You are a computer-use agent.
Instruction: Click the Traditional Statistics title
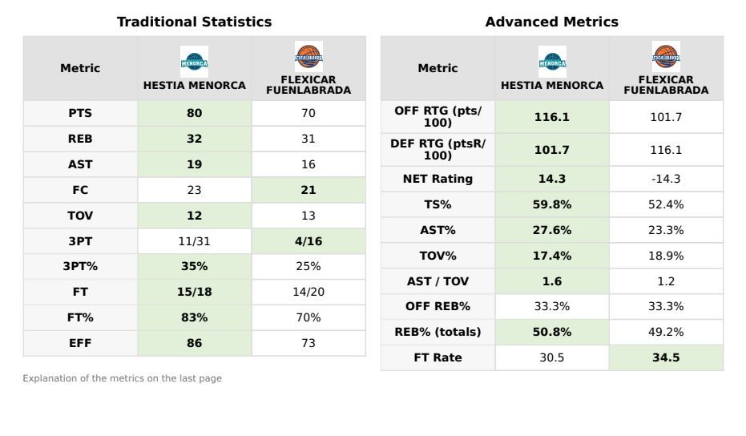pos(194,22)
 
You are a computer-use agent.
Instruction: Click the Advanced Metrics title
pos(551,22)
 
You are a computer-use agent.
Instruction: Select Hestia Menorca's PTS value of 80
pos(194,114)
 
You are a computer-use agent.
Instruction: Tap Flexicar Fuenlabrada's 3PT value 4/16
pos(308,241)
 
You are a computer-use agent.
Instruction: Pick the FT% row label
pos(80,317)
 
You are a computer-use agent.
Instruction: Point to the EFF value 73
pos(308,343)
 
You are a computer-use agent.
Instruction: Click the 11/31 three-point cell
pos(194,241)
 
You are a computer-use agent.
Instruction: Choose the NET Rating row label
pos(438,180)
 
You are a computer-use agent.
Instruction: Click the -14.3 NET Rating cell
pos(666,180)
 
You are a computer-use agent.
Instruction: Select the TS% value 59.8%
pos(552,204)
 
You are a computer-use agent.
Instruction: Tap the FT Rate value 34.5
pos(666,358)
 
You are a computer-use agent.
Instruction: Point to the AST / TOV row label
pos(438,281)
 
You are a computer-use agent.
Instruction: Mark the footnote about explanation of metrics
pos(122,378)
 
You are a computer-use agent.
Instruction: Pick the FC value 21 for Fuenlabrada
pos(308,190)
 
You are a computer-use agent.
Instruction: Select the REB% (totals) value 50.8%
pos(552,333)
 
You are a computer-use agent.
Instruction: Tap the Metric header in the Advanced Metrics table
pos(438,69)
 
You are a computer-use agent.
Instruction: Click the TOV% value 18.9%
pos(666,256)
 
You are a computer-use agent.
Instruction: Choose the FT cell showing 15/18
pos(194,293)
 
